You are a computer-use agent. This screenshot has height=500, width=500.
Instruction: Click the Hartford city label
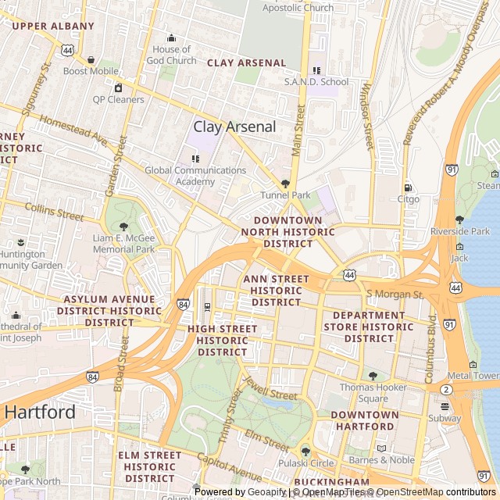[x=41, y=412]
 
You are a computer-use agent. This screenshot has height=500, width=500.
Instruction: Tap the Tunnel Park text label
[x=285, y=195]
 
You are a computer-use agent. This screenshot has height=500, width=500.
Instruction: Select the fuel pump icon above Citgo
[x=408, y=187]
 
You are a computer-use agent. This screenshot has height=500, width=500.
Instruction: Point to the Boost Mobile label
[x=91, y=71]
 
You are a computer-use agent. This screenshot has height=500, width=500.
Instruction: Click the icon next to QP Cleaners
[x=119, y=87]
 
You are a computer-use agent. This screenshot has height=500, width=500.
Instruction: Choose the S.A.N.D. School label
[x=316, y=81]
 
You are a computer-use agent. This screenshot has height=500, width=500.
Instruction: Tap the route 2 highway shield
[x=446, y=389]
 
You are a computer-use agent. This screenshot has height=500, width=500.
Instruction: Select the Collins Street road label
[x=54, y=210]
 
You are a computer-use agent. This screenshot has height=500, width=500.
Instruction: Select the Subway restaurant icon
[x=445, y=406]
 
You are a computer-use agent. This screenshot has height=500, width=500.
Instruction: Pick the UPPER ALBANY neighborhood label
[x=53, y=26]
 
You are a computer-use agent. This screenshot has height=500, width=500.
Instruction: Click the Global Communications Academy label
[x=195, y=176]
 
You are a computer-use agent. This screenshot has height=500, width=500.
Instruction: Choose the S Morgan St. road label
[x=395, y=294]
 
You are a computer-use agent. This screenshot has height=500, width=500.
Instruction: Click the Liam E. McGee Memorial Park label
[x=123, y=244]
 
